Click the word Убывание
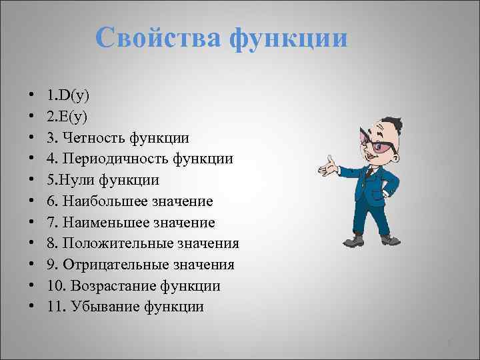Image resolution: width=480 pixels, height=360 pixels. coord(107,307)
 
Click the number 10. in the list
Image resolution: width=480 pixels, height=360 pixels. coord(55,286)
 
